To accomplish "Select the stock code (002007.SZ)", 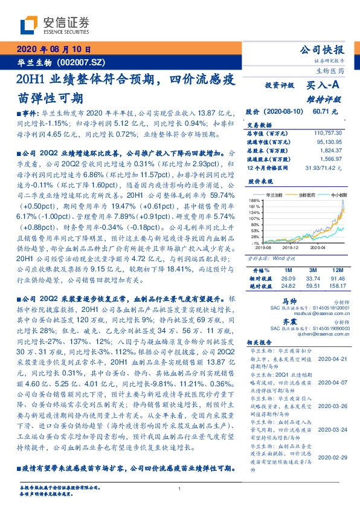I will [80, 62].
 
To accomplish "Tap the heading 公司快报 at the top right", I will [324, 50].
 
